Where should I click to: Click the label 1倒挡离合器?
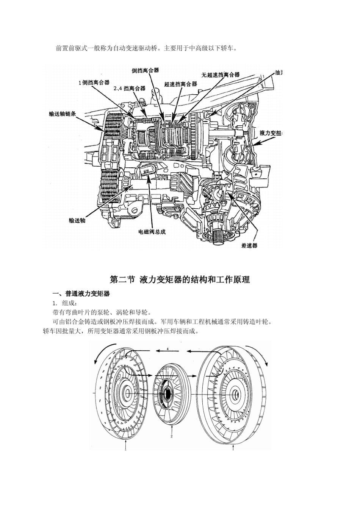point(94,83)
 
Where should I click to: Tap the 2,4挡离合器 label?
point(130,89)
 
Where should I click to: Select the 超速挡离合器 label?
point(180,84)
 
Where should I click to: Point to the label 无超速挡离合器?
point(221,75)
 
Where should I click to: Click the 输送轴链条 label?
point(63,114)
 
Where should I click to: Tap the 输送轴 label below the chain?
point(77,220)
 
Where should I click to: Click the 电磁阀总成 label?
point(152,232)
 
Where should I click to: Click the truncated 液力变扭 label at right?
point(271,133)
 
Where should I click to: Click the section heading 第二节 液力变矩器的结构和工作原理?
point(180,280)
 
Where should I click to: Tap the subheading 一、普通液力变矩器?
point(81,294)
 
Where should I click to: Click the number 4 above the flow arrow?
point(167,349)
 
